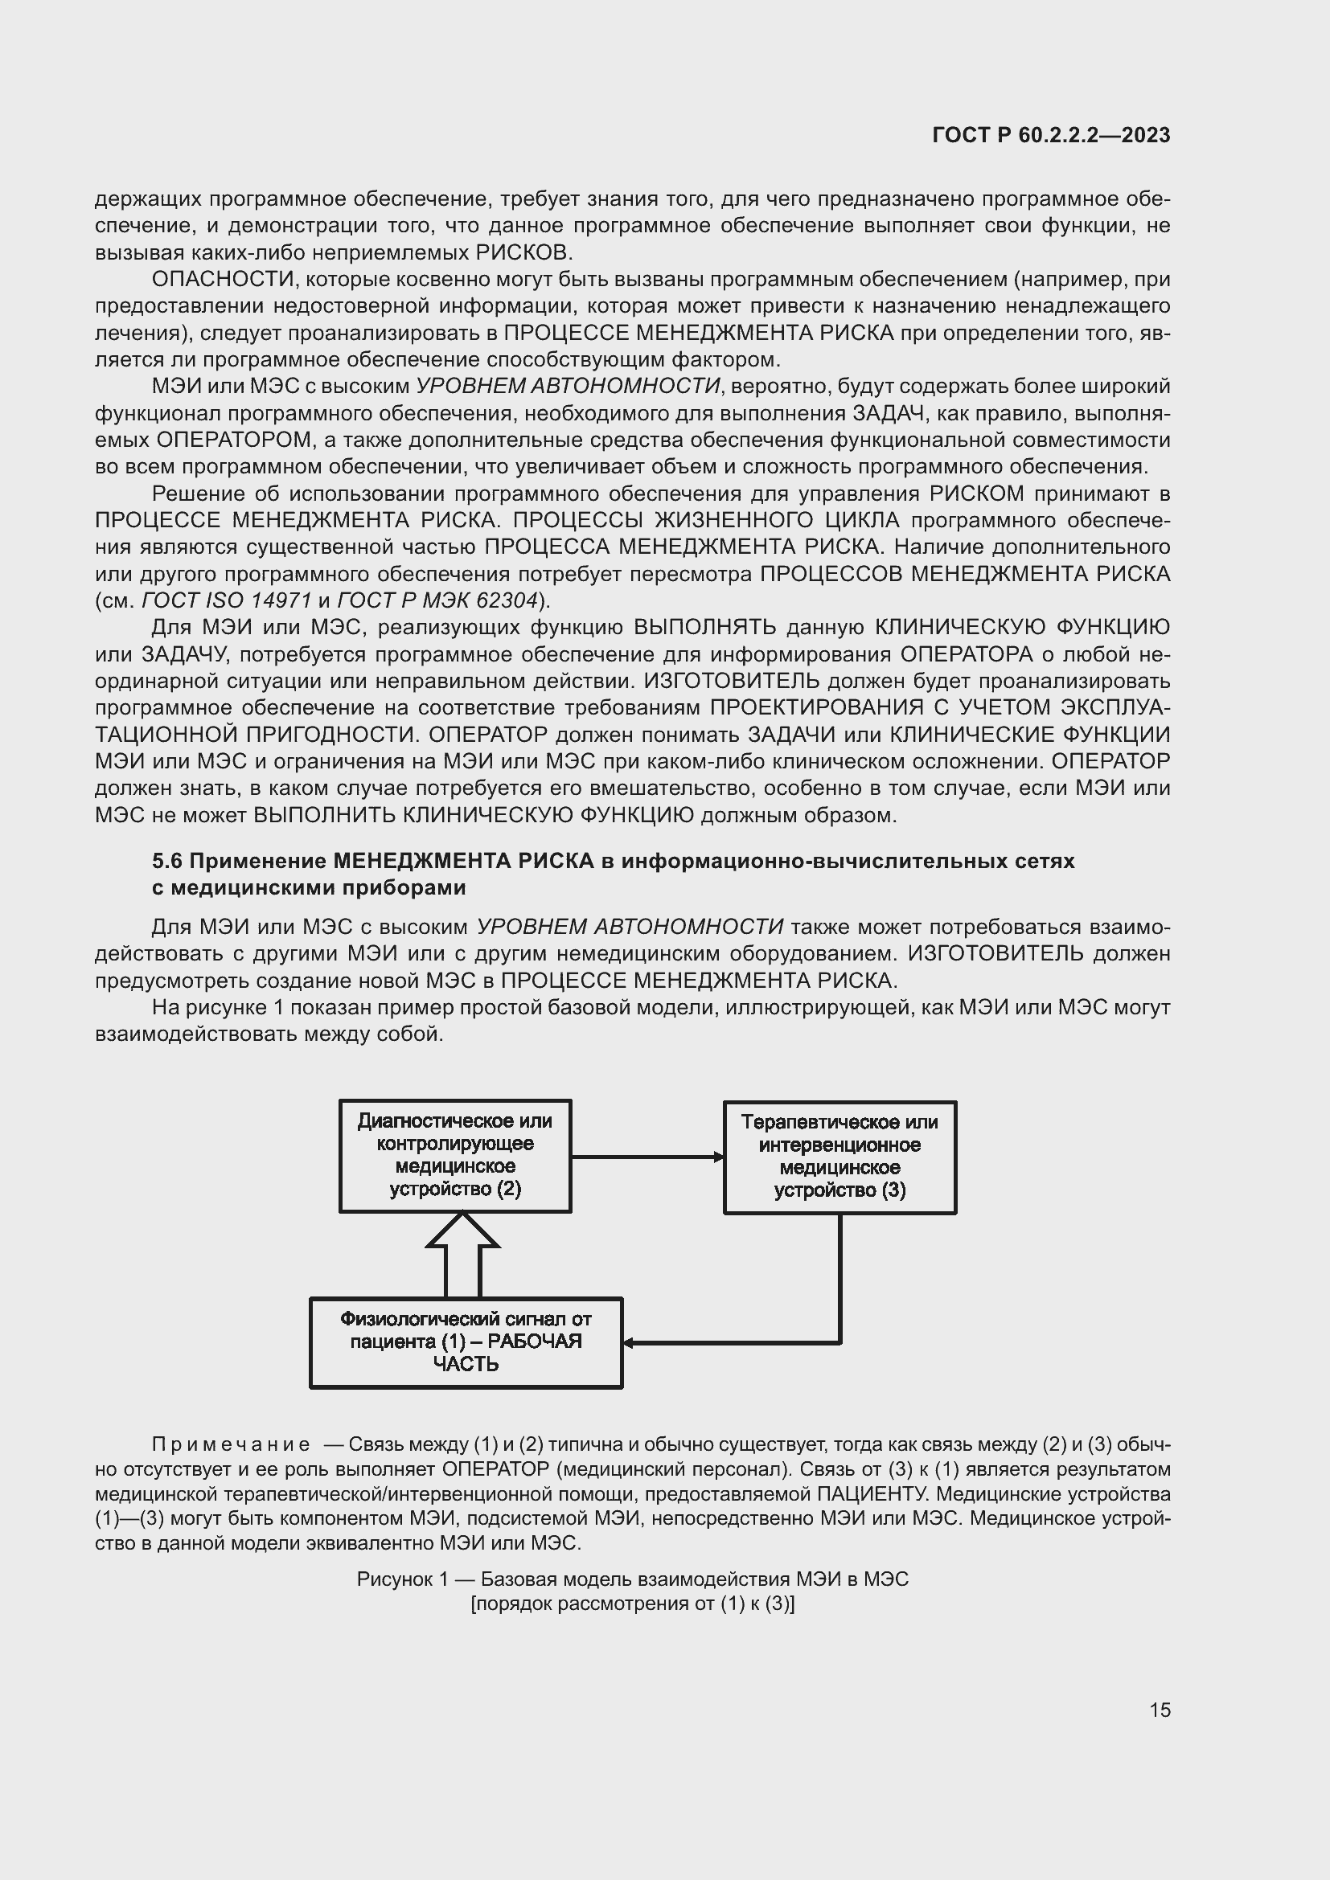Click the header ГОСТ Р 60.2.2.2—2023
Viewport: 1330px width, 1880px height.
tap(1051, 135)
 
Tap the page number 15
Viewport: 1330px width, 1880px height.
tap(1160, 1710)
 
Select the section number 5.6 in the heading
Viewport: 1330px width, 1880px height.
tap(168, 861)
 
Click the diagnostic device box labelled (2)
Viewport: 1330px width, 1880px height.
tap(455, 1155)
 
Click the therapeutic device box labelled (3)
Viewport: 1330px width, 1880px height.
tap(839, 1157)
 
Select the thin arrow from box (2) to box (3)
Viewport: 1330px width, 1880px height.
tap(647, 1157)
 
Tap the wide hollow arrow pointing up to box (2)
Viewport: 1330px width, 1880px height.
tap(462, 1253)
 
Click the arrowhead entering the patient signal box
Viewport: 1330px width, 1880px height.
tap(629, 1343)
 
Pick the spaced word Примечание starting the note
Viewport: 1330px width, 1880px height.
tap(231, 1444)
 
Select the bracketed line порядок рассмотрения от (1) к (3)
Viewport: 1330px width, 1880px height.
tap(632, 1604)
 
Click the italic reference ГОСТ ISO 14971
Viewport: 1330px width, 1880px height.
tap(226, 600)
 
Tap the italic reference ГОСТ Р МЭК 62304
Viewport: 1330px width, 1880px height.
tap(437, 600)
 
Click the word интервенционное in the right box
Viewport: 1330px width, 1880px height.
tap(839, 1145)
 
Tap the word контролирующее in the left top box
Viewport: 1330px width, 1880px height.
tap(455, 1143)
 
